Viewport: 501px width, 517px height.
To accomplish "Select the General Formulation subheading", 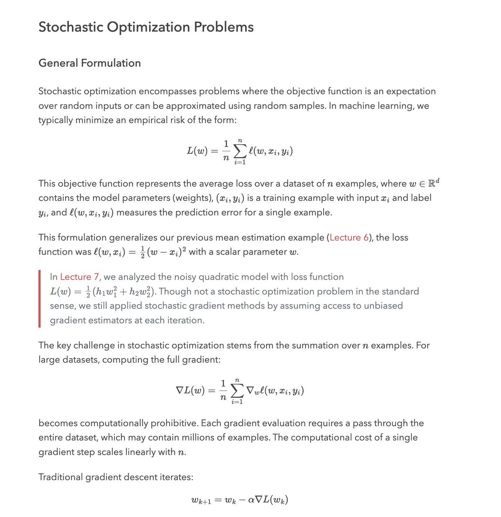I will (x=90, y=63).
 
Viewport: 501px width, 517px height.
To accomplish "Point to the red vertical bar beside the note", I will (x=40, y=299).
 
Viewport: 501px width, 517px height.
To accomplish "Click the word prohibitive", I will (x=175, y=423).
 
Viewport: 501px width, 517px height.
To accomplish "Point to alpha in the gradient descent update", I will (x=252, y=500).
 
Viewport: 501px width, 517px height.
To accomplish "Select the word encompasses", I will (x=162, y=91).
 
